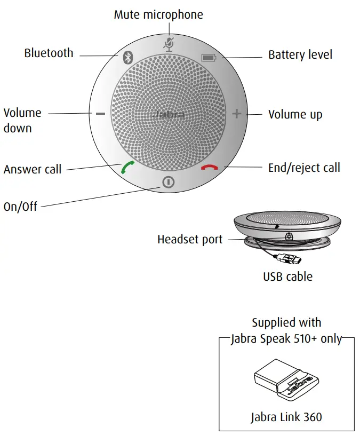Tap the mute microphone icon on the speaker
point(169,44)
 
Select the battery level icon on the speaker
point(209,57)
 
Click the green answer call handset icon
point(127,168)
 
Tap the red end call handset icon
point(210,168)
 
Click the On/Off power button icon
point(169,183)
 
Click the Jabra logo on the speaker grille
point(168,114)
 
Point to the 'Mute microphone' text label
point(158,14)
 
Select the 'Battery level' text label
point(300,55)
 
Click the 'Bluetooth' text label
point(49,53)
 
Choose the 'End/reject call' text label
point(304,168)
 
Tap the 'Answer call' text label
point(33,170)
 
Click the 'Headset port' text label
point(190,240)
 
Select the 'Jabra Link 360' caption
point(286,417)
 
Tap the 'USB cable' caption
point(287,276)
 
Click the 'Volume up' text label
point(295,115)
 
